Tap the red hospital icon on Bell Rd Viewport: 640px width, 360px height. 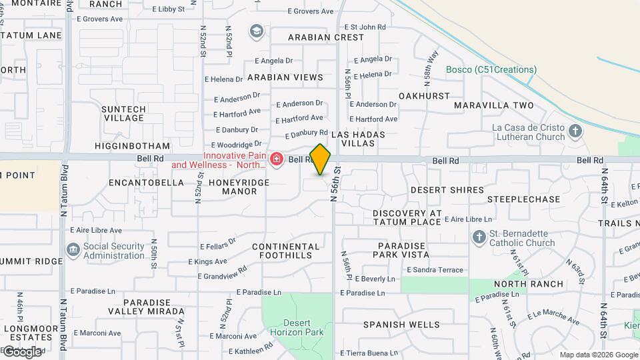click(276, 159)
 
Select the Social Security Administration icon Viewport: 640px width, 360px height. click(73, 251)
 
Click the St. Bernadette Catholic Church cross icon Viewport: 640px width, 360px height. click(479, 237)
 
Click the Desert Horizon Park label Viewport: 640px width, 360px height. click(297, 327)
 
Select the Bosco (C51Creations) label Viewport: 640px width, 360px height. click(491, 69)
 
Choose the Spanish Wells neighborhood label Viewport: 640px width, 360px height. click(401, 325)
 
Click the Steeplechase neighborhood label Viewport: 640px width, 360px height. click(523, 199)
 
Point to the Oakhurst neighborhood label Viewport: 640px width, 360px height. click(424, 96)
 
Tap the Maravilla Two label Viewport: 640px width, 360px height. click(494, 105)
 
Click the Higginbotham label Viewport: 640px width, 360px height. click(132, 146)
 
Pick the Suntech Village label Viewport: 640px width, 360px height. click(123, 113)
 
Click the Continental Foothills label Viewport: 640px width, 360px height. click(282, 251)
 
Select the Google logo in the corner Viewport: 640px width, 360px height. click(23, 351)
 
